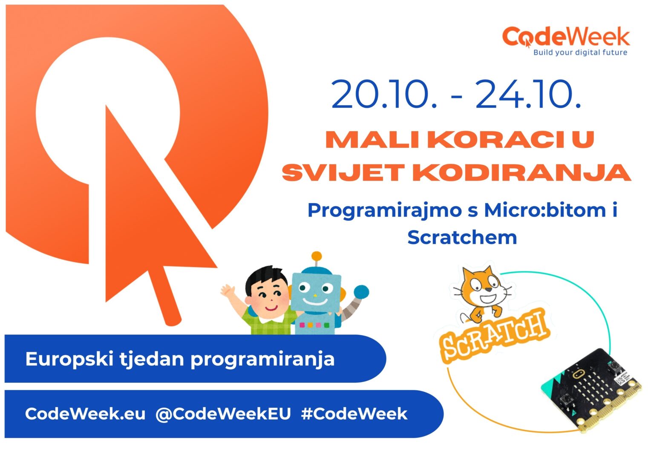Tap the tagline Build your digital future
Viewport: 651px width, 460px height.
pyautogui.click(x=580, y=52)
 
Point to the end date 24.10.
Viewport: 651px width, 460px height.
pyautogui.click(x=528, y=94)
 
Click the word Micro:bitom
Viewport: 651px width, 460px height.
pyautogui.click(x=545, y=210)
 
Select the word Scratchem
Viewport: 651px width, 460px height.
pyautogui.click(x=462, y=237)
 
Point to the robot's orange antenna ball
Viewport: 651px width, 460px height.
pyautogui.click(x=317, y=256)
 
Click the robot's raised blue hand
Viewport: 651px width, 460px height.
pyautogui.click(x=361, y=292)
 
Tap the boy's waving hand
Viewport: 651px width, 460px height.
pyautogui.click(x=228, y=290)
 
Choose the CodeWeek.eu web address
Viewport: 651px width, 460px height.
pyautogui.click(x=85, y=414)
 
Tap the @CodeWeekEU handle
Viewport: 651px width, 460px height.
pyautogui.click(x=223, y=414)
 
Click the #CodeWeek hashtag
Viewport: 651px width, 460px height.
pyautogui.click(x=354, y=414)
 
